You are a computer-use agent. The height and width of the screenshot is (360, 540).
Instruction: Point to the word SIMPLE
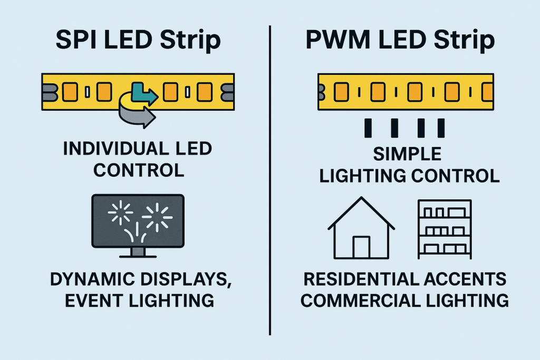tap(407, 154)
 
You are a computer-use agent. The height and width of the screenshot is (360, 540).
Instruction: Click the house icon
tap(361, 228)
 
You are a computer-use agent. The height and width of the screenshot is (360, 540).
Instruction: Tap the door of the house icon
tap(361, 247)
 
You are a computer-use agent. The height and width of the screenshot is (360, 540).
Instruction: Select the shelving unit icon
tap(445, 229)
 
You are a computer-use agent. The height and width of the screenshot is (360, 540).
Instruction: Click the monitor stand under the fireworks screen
tap(138, 252)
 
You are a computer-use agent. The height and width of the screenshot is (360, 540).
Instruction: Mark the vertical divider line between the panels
tap(270, 180)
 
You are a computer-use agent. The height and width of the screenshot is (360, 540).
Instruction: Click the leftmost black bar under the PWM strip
tap(368, 128)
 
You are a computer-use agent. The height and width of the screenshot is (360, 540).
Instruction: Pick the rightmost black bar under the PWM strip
tap(441, 128)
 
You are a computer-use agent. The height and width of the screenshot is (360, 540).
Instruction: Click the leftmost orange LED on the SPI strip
tap(70, 92)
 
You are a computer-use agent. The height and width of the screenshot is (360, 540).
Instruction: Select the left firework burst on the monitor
tap(120, 212)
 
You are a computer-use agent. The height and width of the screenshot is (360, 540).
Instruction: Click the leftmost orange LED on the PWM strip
tap(341, 92)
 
